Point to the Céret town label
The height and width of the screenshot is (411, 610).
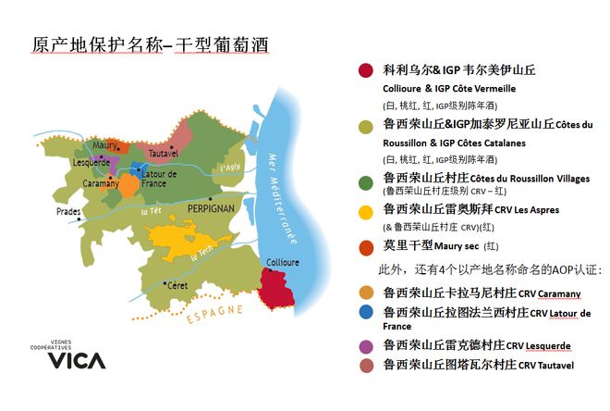(175, 285)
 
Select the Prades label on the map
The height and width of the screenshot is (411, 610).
(70, 211)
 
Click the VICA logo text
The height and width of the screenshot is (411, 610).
(76, 360)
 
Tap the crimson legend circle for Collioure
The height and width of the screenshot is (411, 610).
(367, 70)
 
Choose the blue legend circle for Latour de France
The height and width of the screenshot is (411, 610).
(366, 313)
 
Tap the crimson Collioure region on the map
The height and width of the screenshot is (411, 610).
(283, 290)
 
